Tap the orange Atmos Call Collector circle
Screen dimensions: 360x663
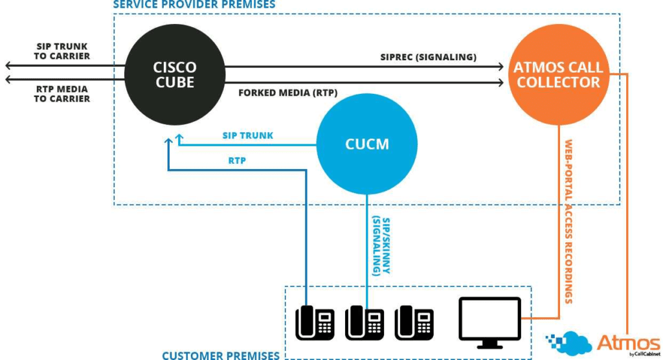pyautogui.click(x=558, y=74)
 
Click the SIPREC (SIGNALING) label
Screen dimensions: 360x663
pyautogui.click(x=428, y=57)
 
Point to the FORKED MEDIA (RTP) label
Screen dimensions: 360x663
pyautogui.click(x=287, y=92)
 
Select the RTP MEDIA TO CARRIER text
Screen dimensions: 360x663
pyautogui.click(x=62, y=94)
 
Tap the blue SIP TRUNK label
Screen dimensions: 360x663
pyautogui.click(x=248, y=136)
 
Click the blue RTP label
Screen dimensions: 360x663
pyautogui.click(x=238, y=161)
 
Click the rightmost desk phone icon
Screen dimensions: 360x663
pyautogui.click(x=414, y=322)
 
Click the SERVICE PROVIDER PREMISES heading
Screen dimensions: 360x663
pyautogui.click(x=194, y=5)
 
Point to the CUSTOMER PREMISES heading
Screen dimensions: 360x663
pyautogui.click(x=220, y=355)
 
